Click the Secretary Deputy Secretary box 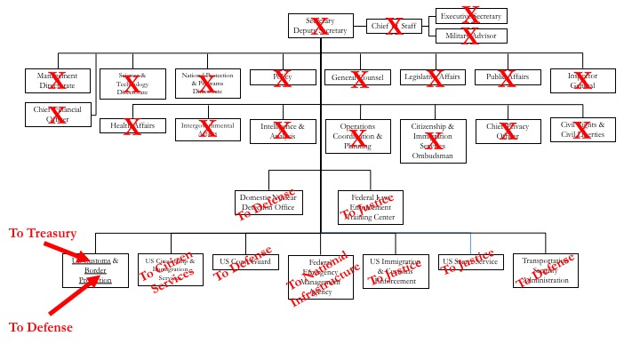click(322, 27)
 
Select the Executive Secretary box click(471, 17)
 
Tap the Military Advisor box click(471, 36)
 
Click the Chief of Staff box click(395, 27)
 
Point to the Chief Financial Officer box click(58, 114)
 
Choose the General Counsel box click(358, 78)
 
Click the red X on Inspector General click(583, 79)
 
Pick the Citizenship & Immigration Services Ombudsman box click(433, 141)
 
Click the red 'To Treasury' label click(42, 233)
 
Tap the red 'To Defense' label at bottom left click(40, 327)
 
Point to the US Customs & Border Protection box click(96, 270)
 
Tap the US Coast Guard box click(244, 262)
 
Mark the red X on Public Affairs click(508, 78)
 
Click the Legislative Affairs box click(434, 78)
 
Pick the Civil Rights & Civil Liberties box click(583, 130)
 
